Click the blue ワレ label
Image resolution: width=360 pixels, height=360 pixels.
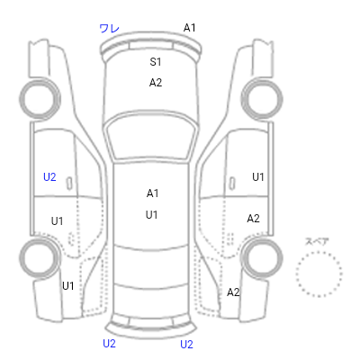point(109,29)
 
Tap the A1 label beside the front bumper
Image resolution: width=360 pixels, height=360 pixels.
point(189,28)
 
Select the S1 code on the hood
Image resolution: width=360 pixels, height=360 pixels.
point(156,62)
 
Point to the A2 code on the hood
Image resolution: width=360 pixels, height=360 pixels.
point(156,83)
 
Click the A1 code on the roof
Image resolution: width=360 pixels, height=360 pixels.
point(152,193)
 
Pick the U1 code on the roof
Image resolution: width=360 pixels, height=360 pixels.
point(151,215)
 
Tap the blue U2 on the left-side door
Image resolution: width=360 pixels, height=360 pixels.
point(49,177)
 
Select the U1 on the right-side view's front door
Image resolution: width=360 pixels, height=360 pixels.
point(258,177)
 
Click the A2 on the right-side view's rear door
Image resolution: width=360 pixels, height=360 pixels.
point(253,219)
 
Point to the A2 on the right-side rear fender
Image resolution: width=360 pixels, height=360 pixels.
point(233,292)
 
